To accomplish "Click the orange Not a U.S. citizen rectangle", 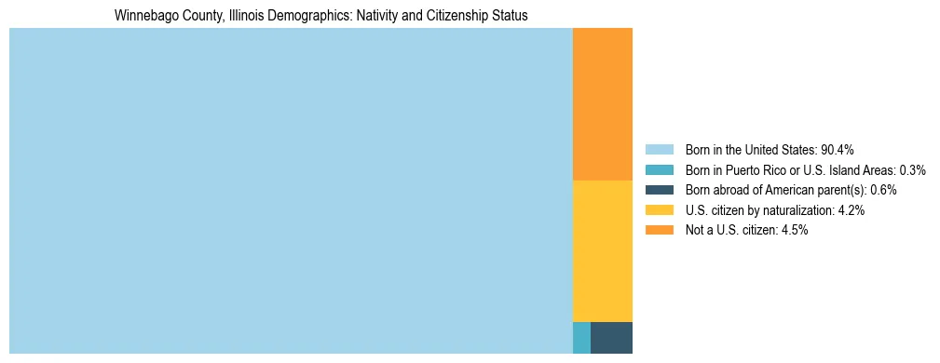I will pyautogui.click(x=602, y=103).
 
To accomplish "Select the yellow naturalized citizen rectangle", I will pyautogui.click(x=602, y=250).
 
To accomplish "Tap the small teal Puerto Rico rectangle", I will pyautogui.click(x=581, y=337).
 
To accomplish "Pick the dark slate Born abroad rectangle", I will pyautogui.click(x=611, y=337).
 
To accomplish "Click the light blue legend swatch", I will pyautogui.click(x=659, y=150).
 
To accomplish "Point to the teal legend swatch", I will pyautogui.click(x=659, y=170).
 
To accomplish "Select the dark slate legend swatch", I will pyautogui.click(x=659, y=190).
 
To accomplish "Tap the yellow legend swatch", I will pyautogui.click(x=659, y=210).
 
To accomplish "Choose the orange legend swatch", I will pyautogui.click(x=659, y=231).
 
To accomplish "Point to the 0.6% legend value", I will pyautogui.click(x=884, y=190).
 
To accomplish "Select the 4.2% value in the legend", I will pyautogui.click(x=851, y=210).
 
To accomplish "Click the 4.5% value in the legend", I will pyautogui.click(x=795, y=231).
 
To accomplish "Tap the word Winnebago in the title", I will pyautogui.click(x=143, y=16).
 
